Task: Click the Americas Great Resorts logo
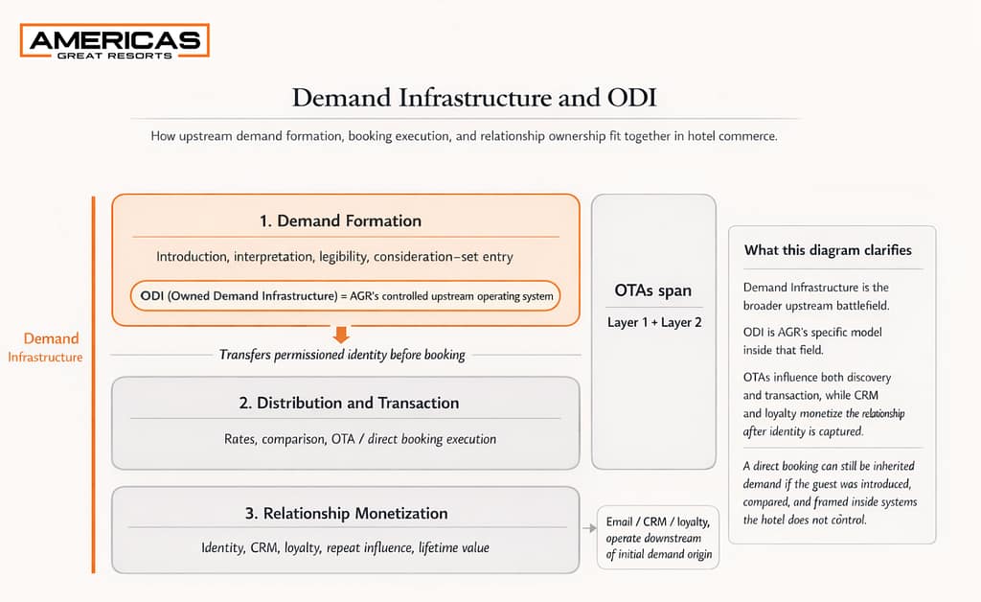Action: click(114, 42)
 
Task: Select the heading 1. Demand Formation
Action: click(340, 220)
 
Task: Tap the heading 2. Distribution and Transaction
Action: click(349, 404)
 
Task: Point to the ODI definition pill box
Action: click(347, 296)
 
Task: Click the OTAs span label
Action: click(652, 290)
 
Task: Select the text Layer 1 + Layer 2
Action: click(653, 322)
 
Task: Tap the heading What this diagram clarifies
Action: click(828, 250)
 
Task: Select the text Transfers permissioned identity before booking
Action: click(342, 355)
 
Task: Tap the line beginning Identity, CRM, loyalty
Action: click(346, 547)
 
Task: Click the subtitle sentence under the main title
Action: click(464, 136)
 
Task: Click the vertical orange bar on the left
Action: click(93, 383)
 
